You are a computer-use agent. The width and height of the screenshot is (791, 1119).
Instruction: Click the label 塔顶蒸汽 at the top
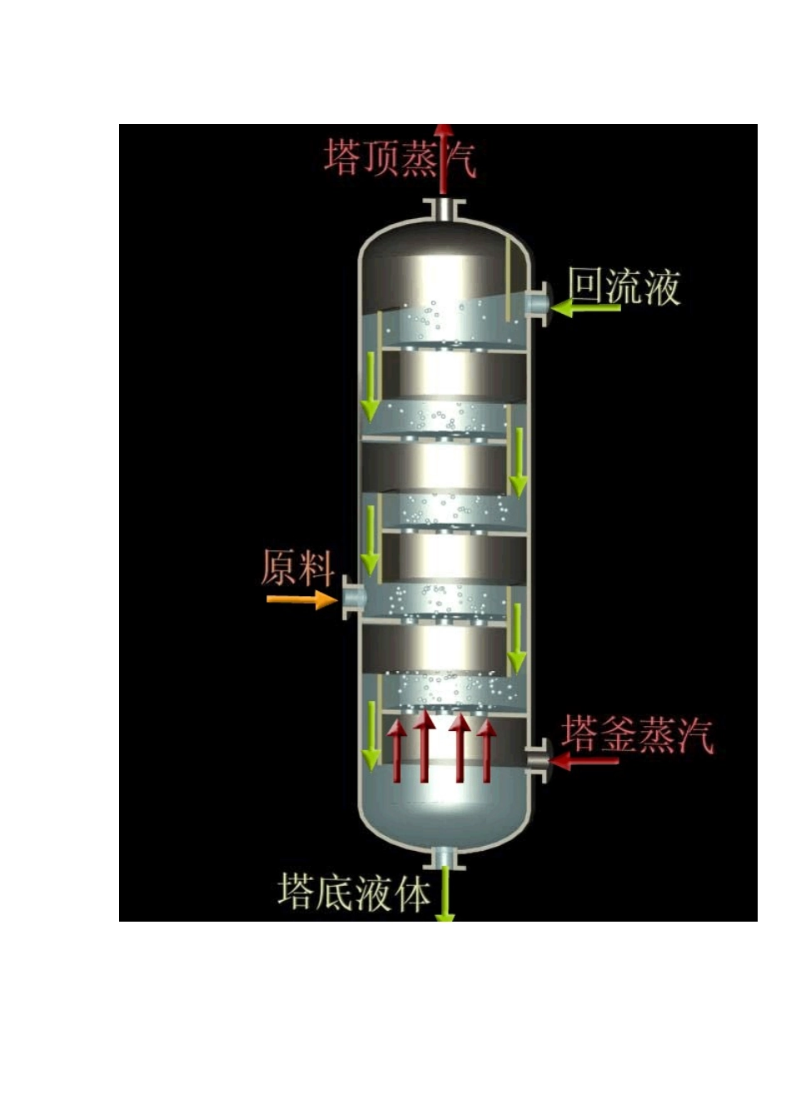tap(400, 157)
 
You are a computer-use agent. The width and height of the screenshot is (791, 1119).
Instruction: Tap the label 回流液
tap(624, 286)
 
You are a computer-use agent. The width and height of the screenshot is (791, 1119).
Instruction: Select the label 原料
tap(297, 568)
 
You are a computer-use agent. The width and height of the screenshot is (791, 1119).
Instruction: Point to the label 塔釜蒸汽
tap(637, 734)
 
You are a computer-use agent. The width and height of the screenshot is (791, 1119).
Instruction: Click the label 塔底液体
tap(355, 893)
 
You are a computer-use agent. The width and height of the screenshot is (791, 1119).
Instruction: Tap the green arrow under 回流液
tap(587, 309)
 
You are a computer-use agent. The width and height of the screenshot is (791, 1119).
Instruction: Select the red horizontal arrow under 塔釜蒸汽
tap(586, 760)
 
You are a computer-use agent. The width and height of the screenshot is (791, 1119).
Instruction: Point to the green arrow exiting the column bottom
tap(446, 895)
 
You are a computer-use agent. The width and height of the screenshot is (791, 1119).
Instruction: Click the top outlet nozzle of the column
tap(445, 209)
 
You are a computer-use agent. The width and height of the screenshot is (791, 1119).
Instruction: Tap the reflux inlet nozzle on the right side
tap(540, 305)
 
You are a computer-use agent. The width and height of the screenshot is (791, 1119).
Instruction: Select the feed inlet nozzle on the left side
tap(353, 597)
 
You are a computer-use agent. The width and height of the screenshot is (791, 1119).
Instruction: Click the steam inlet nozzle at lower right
tap(540, 758)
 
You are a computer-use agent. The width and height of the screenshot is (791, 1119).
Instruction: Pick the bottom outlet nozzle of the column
tap(445, 857)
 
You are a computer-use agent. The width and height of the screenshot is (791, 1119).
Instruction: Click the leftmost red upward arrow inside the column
tap(398, 750)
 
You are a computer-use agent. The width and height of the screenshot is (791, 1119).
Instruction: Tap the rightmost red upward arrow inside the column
tap(488, 750)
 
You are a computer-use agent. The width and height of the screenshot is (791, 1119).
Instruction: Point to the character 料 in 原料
tap(316, 568)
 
